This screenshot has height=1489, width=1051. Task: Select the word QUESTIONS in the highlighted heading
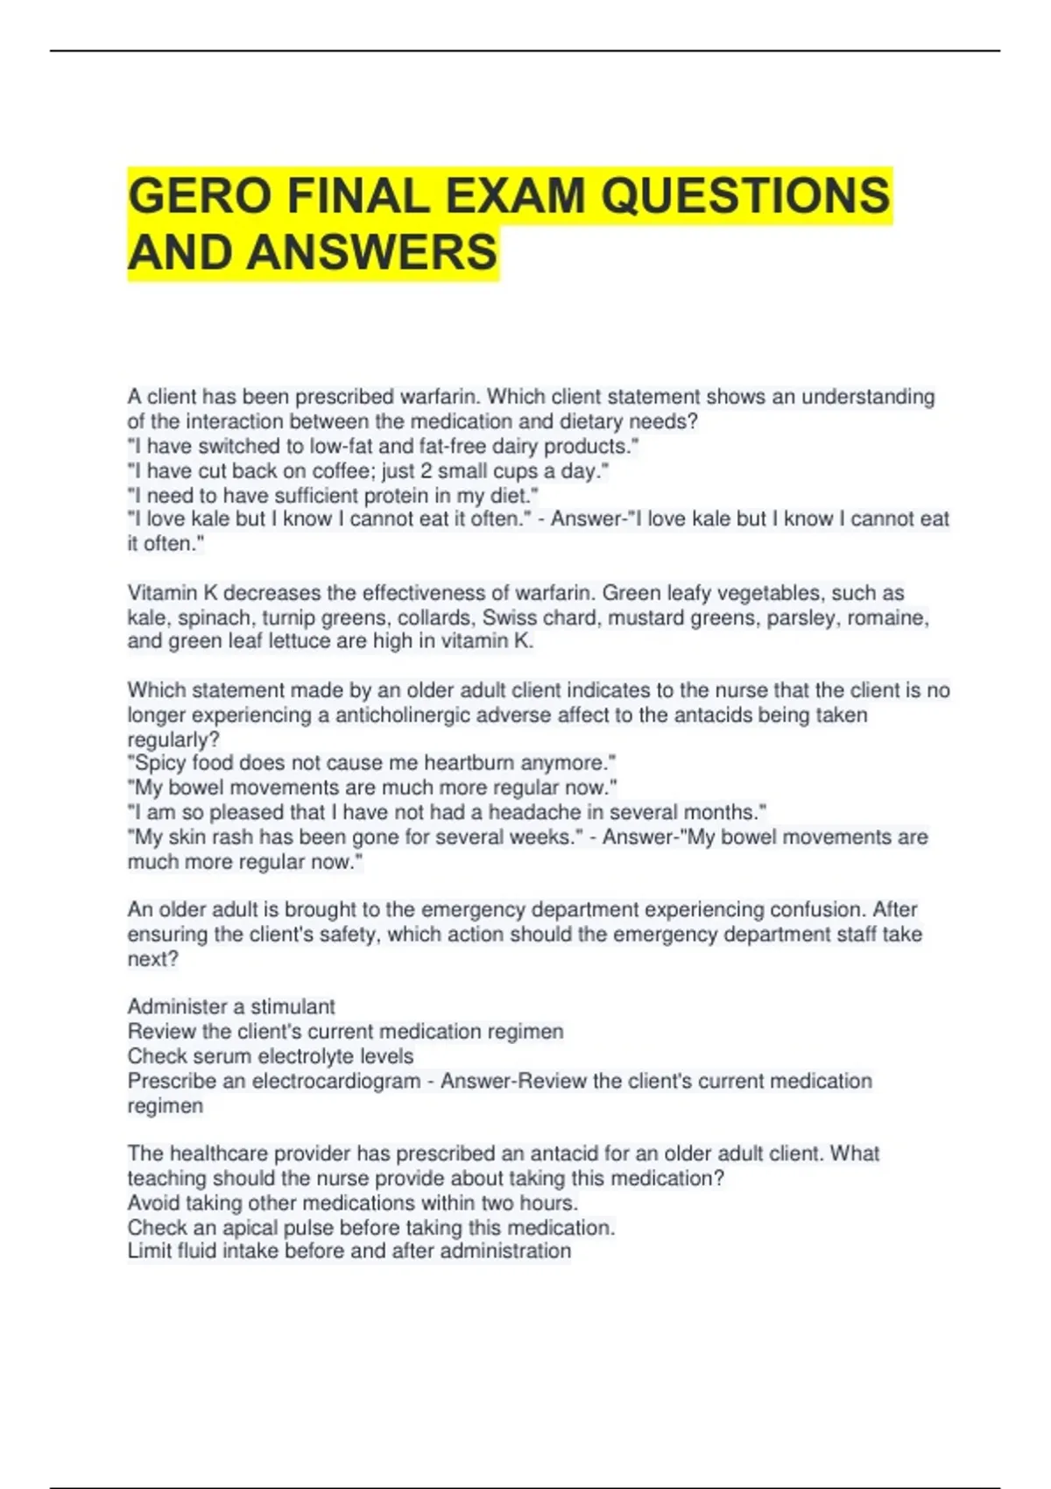point(745,195)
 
